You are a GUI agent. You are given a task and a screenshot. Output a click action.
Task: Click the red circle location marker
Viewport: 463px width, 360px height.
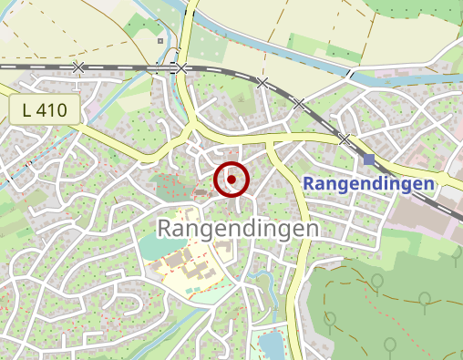[231, 180]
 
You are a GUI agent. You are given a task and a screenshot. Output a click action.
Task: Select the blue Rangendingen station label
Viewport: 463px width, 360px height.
[368, 184]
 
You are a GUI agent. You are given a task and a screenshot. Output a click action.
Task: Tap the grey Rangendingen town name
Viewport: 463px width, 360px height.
[239, 228]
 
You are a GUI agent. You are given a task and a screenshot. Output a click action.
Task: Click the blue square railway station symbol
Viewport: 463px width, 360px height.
[369, 160]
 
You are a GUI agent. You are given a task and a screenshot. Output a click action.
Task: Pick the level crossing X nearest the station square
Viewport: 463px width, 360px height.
[344, 139]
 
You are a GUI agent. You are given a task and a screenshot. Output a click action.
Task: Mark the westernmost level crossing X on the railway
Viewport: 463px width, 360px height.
[78, 67]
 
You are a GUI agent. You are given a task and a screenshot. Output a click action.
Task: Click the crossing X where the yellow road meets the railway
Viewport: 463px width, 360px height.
[182, 68]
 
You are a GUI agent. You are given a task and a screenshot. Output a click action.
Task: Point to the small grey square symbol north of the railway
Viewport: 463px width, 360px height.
[160, 40]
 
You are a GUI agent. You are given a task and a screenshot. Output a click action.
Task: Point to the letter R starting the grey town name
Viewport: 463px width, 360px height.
[166, 228]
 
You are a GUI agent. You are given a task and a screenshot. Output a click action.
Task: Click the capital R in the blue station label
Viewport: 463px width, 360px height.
[308, 184]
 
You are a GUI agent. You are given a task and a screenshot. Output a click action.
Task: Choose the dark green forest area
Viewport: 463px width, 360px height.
[383, 301]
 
